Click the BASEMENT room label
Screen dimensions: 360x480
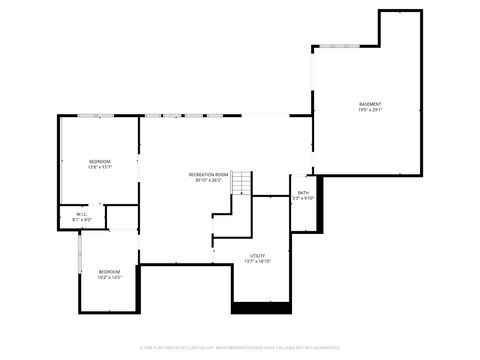(370, 104)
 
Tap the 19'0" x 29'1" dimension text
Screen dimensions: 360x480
(370, 110)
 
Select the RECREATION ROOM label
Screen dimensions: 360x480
(209, 175)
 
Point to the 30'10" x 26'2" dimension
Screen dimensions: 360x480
(209, 181)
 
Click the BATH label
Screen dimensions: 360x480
(303, 193)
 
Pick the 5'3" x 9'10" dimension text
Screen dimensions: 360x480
(303, 199)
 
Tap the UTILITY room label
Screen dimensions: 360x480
(257, 256)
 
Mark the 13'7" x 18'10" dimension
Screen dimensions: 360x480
(257, 262)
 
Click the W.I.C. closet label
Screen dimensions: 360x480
(82, 213)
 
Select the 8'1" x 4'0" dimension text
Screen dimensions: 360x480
(82, 219)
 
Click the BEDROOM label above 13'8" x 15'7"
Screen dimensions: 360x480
(99, 162)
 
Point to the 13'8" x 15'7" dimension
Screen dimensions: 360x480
(99, 168)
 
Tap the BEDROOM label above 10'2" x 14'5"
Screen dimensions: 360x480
(109, 271)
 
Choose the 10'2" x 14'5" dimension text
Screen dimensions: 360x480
(109, 277)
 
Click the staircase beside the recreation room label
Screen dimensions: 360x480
(242, 183)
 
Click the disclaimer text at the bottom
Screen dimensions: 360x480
(240, 348)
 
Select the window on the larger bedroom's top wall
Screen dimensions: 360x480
(91, 117)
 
